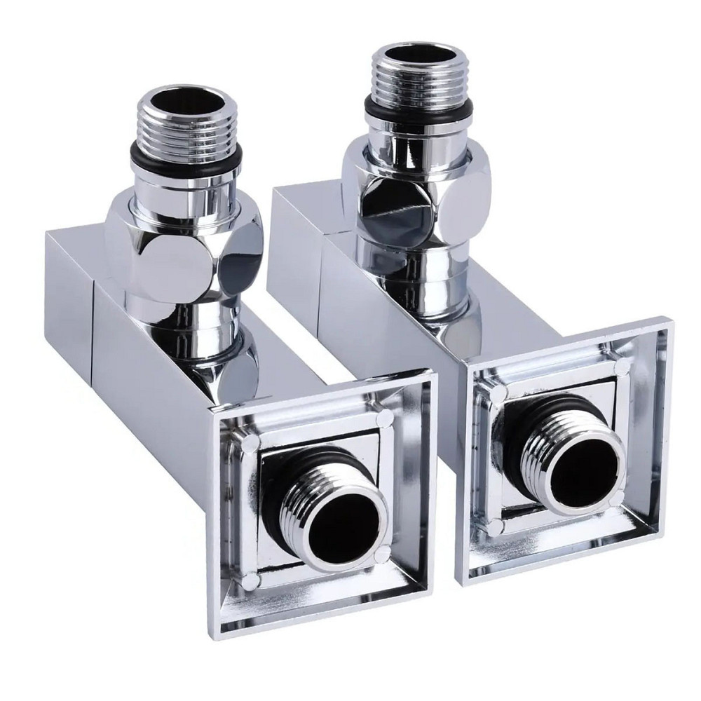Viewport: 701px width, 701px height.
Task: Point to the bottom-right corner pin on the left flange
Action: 381,556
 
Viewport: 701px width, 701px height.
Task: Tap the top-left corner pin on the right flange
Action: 497,395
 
